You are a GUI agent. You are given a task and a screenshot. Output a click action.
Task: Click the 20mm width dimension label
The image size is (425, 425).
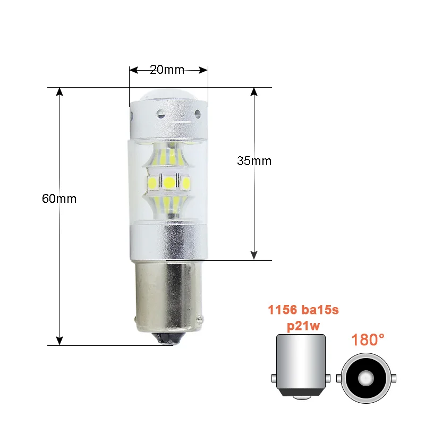click(x=167, y=70)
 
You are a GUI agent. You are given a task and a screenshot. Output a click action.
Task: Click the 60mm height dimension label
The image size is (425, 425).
click(x=59, y=199)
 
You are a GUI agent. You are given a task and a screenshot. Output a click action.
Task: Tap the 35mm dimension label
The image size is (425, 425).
click(x=254, y=161)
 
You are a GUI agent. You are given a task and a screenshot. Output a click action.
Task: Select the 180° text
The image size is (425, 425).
click(x=368, y=340)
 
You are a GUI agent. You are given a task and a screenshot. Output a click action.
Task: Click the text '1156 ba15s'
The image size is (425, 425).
click(x=303, y=310)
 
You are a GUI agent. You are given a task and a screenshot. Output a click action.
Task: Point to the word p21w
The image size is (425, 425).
click(x=303, y=326)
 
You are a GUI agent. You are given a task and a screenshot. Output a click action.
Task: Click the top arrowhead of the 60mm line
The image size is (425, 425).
click(x=59, y=92)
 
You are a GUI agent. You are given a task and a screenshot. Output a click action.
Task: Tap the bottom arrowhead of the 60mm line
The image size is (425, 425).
click(x=59, y=341)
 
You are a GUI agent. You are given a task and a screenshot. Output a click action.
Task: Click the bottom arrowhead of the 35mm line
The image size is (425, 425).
click(x=254, y=256)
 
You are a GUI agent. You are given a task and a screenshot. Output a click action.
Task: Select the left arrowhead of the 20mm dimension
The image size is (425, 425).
click(x=134, y=70)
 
